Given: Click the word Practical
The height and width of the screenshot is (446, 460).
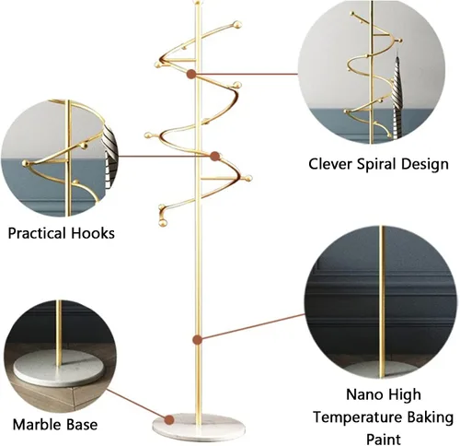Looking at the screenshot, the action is click(37, 233).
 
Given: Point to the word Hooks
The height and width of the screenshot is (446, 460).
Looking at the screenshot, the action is click(93, 233).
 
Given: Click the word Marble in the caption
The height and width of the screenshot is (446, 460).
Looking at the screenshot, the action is click(34, 425).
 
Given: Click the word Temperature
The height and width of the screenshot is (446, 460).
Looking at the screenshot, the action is click(357, 418).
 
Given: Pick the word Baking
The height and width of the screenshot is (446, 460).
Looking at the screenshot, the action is click(430, 418).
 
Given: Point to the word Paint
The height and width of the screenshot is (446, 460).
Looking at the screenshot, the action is click(384, 440).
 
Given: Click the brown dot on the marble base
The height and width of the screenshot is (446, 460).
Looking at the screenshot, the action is click(169, 419).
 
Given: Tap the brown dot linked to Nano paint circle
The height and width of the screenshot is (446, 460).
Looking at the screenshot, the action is click(197, 340).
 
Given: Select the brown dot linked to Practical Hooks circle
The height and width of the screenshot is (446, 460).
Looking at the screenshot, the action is click(215, 156).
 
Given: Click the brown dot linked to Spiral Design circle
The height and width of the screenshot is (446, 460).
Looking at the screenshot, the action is click(191, 74).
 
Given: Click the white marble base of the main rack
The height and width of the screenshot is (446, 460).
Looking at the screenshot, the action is click(200, 424).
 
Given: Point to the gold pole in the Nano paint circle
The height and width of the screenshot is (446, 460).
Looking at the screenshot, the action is click(382, 302).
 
